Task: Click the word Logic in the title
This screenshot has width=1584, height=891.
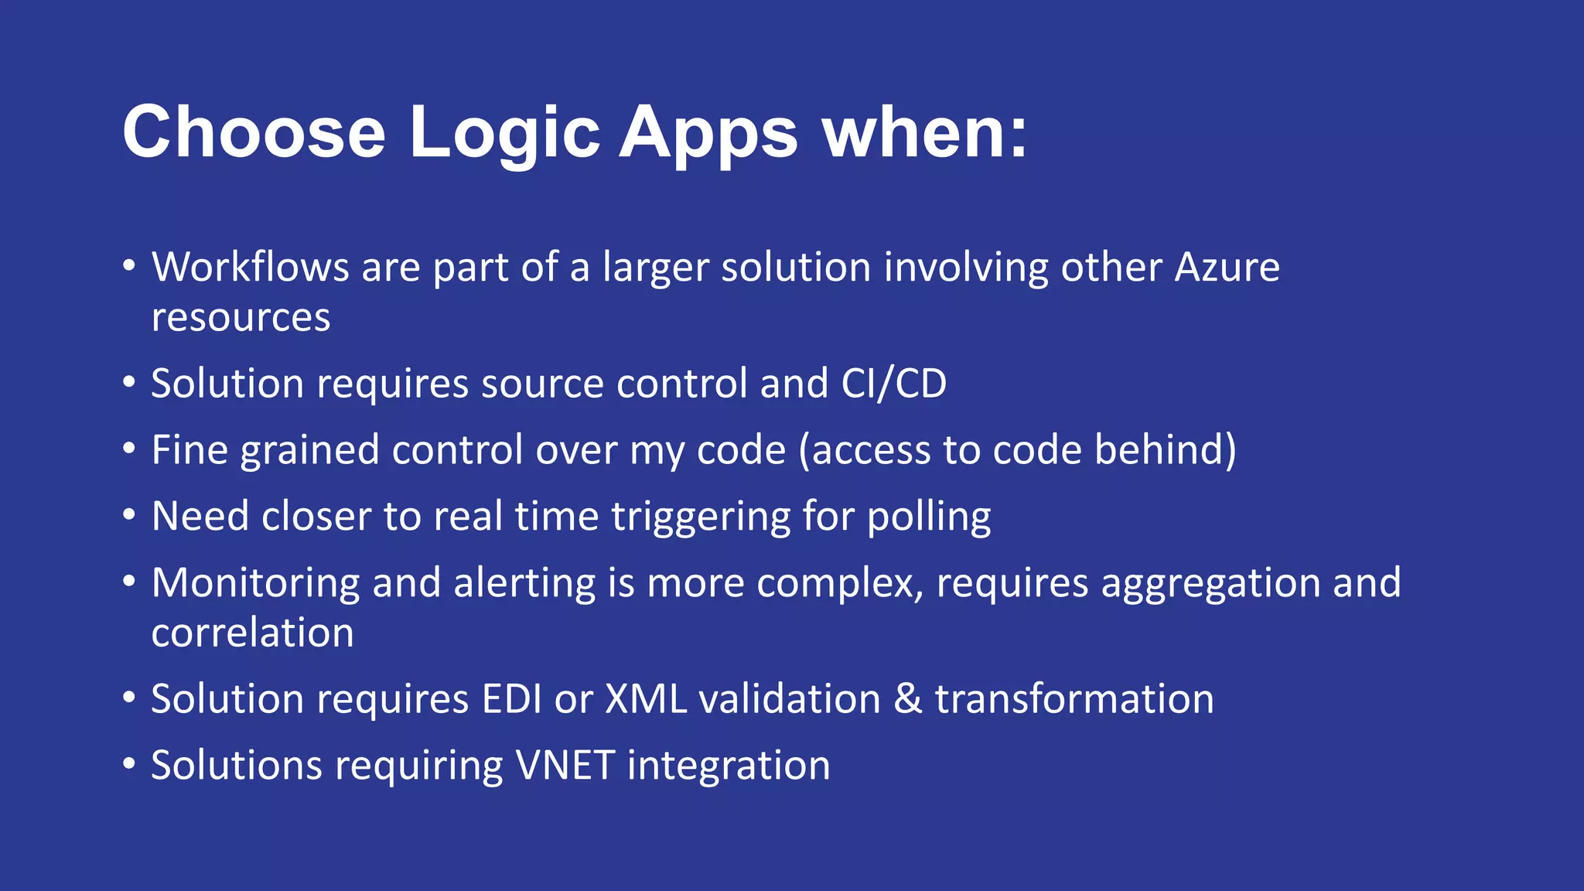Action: tap(504, 133)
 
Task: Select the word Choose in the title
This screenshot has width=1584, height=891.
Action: tap(254, 133)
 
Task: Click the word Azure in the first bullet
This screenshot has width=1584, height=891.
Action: tap(1227, 268)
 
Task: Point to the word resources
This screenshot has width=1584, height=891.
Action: tap(241, 318)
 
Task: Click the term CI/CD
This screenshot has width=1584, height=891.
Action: tap(893, 384)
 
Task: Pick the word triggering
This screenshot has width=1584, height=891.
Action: tap(701, 517)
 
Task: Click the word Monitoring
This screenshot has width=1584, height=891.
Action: tap(255, 582)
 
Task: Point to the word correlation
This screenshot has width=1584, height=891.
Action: tap(252, 633)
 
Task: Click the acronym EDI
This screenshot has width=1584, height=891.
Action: tap(511, 699)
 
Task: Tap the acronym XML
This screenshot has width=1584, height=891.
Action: tap(646, 699)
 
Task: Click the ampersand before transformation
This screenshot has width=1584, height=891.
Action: tap(908, 699)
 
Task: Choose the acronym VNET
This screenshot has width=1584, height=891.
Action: tap(565, 766)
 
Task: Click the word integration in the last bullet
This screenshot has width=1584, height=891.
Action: tap(728, 766)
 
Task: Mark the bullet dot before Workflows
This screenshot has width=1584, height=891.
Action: tap(129, 266)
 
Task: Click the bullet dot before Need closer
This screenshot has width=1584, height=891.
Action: tap(129, 515)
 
